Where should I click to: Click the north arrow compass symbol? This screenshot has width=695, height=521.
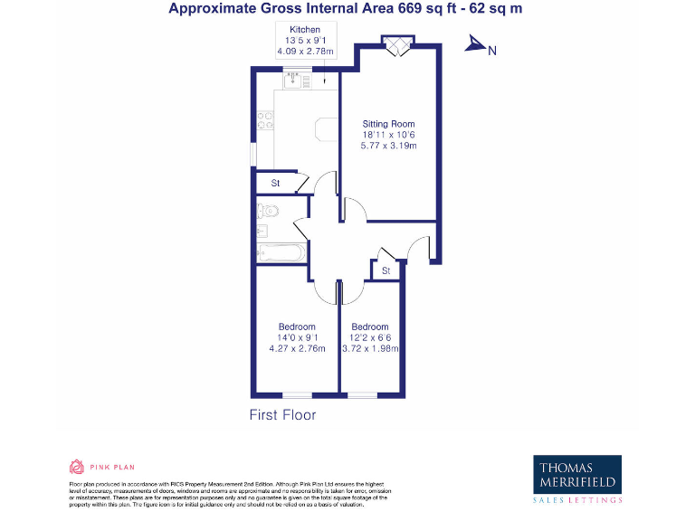476,45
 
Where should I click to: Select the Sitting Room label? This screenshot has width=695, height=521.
388,124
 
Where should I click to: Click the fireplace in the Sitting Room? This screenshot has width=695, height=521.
396,46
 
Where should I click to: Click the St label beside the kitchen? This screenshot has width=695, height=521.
275,184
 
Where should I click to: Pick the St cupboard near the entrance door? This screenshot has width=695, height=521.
386,270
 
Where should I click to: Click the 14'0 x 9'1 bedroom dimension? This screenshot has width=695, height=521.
297,338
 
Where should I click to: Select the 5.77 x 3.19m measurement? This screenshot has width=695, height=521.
388,146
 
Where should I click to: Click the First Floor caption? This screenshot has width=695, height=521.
282,415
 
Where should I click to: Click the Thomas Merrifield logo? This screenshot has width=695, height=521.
577,478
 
